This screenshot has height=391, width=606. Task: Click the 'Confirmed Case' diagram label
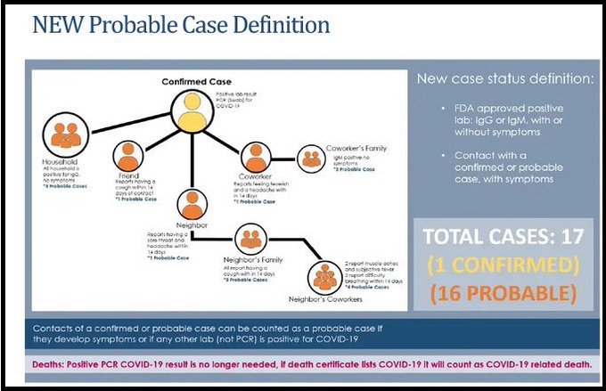coord(190,81)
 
